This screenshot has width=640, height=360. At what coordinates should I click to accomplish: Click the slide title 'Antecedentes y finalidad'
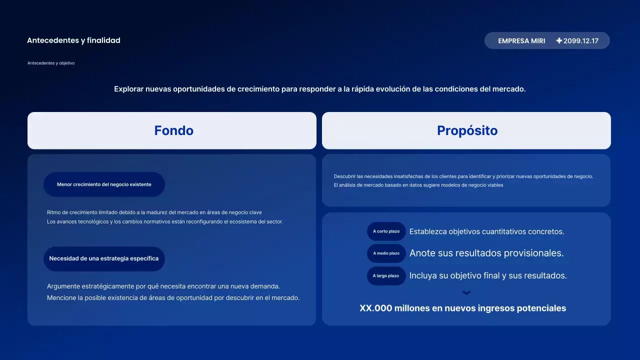coord(73,40)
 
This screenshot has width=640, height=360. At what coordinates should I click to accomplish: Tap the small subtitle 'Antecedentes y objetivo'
coord(51,63)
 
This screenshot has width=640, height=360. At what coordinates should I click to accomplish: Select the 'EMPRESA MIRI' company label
coord(521,41)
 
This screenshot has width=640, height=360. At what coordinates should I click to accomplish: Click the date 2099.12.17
coord(581,41)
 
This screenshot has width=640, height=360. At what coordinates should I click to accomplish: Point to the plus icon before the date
coord(559,40)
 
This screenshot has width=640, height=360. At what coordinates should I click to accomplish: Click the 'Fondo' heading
coord(173,130)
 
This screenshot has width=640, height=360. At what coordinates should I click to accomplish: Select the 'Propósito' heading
coord(467,130)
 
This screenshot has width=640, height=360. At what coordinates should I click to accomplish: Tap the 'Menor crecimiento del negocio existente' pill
coord(104,184)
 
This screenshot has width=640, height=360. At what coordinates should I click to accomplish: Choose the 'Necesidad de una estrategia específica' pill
coord(104,258)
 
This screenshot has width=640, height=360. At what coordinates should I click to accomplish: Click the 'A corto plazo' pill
coord(386,231)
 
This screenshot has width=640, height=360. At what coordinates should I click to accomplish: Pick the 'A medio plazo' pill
coord(386,253)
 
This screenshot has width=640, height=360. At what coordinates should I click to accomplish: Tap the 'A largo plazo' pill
coord(386,276)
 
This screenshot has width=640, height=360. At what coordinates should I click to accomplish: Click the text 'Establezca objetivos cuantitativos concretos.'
coord(486,231)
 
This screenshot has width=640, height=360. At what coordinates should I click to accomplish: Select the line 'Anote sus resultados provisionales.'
coord(486,253)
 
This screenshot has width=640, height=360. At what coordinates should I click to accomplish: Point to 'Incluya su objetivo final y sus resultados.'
coord(488,275)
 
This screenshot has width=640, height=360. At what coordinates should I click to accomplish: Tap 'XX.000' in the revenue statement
coord(375,308)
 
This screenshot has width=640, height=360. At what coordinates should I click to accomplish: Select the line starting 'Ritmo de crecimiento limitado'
coord(154,212)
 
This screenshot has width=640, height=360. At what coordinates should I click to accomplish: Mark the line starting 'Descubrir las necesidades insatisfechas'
coord(463,176)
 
